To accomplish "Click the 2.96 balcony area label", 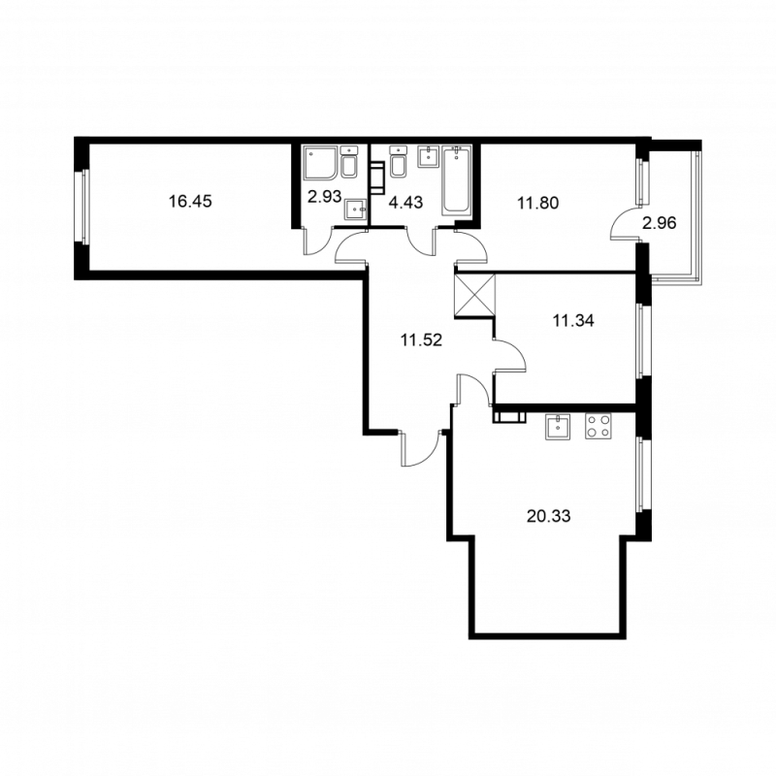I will (x=659, y=222).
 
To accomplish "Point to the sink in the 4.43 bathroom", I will (x=427, y=158).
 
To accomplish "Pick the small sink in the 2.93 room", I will (x=356, y=210).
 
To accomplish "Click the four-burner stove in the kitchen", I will (x=598, y=428).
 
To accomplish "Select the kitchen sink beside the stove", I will (x=560, y=428).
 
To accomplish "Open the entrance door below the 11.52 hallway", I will (x=419, y=448).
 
